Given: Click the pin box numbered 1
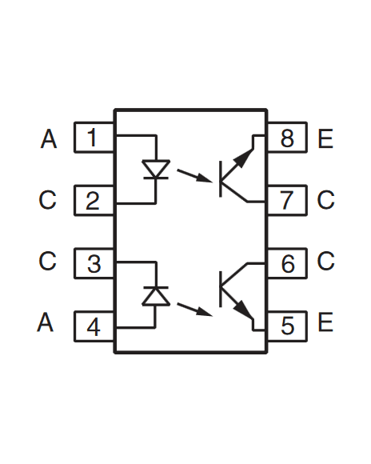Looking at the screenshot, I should (94, 138).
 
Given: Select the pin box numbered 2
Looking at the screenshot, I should (94, 200).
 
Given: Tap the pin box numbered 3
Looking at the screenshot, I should (94, 262).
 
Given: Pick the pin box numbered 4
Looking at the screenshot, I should (94, 326).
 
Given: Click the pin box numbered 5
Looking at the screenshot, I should (287, 326).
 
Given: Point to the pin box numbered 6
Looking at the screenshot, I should (287, 262).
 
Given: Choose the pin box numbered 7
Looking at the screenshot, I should (287, 200).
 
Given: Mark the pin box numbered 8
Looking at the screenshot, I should (287, 138).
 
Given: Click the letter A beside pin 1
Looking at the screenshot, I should (49, 139).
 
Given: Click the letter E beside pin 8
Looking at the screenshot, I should (325, 139).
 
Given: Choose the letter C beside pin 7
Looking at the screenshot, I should (325, 200).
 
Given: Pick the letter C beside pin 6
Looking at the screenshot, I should (325, 262).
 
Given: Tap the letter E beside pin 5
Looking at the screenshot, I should (325, 323).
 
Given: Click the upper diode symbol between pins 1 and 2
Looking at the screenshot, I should (155, 170).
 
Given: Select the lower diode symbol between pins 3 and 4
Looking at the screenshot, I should (155, 294).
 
